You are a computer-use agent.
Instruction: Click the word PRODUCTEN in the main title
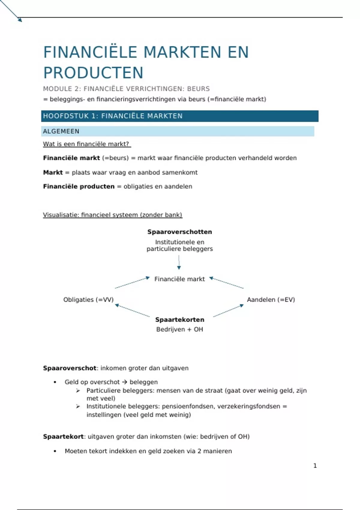(93, 73)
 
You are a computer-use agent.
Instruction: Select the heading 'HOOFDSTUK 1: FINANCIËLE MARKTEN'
(113, 116)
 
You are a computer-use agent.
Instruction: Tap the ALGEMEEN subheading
(61, 131)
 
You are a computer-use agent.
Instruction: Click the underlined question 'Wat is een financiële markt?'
(87, 144)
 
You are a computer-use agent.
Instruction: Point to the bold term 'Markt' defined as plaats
(53, 172)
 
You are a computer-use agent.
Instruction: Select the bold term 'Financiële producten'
(79, 187)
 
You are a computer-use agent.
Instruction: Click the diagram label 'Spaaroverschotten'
(179, 232)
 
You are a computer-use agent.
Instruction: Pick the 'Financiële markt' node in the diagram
(179, 279)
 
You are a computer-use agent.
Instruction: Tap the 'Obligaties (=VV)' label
(88, 300)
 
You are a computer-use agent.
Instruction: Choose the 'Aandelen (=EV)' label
(271, 300)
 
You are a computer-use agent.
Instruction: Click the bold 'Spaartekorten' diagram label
(180, 320)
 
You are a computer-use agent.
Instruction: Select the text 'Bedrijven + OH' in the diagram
(179, 329)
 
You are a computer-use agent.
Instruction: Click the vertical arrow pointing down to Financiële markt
(179, 262)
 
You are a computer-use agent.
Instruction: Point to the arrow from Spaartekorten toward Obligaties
(132, 310)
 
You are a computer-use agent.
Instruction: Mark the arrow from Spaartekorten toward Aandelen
(228, 310)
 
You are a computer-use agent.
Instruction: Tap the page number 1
(315, 466)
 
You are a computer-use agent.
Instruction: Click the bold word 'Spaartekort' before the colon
(63, 437)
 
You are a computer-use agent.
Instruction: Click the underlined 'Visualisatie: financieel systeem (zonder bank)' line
(112, 215)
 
